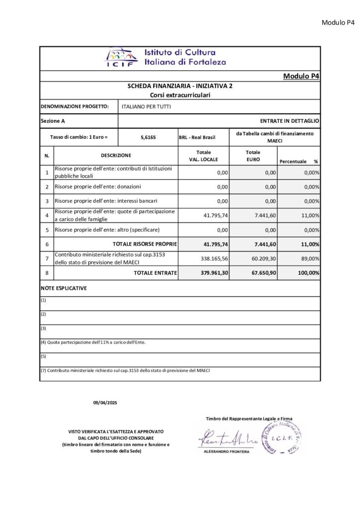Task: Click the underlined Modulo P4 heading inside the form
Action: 301,76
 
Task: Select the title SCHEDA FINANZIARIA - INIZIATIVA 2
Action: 180,86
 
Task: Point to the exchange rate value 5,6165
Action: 148,137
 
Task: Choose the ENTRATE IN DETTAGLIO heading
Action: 289,121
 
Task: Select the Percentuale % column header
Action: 298,162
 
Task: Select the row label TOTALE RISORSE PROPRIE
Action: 145,244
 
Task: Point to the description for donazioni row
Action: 97,186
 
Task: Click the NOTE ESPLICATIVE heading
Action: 64,288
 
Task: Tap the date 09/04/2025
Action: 104,402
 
